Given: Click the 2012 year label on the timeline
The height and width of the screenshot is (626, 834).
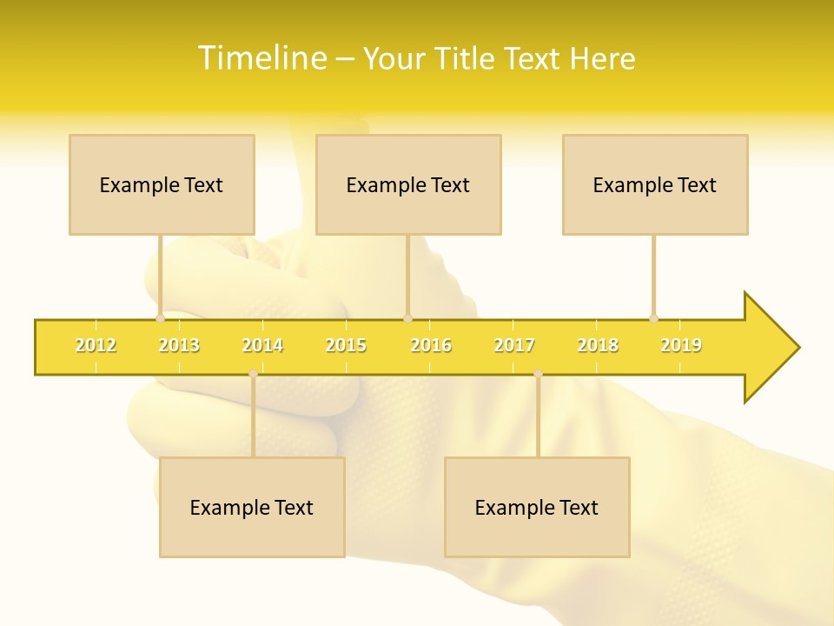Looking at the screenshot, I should point(96,345).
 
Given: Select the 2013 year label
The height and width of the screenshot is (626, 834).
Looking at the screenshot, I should point(179,345).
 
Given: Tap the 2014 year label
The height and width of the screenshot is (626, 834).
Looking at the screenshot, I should point(262,345).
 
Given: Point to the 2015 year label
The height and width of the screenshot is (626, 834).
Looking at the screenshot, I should point(346,345).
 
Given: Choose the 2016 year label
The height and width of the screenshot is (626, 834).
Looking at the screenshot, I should point(431,345).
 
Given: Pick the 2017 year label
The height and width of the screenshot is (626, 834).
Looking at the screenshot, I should point(514,345).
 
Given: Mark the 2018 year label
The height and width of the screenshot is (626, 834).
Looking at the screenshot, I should point(598,345).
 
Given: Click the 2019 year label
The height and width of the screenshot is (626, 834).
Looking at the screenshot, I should point(681,345).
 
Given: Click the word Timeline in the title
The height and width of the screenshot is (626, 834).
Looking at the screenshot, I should point(262,58).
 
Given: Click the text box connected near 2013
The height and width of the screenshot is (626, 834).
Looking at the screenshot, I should point(162,184).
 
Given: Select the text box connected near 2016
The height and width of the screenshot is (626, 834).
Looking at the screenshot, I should point(408,184).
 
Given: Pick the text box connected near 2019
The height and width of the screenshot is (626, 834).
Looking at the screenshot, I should point(655,184).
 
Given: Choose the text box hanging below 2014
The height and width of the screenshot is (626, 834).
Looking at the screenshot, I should point(252,507).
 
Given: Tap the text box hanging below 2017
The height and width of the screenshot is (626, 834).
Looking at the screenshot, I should point(537,507).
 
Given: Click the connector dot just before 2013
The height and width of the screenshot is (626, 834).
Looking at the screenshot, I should point(160,318).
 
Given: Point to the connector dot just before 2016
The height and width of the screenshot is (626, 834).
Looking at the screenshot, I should point(407,318).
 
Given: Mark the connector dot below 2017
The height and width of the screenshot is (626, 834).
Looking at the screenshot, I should point(538,374).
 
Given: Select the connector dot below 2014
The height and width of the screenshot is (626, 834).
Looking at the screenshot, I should point(253,374).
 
